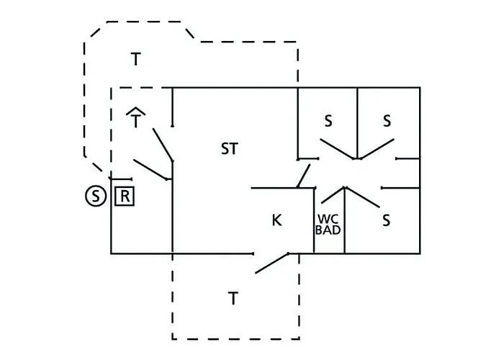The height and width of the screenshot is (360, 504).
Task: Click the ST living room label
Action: coord(230,148)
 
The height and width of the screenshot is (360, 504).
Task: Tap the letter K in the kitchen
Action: coord(276,220)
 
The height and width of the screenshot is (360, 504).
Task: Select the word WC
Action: coord(328,219)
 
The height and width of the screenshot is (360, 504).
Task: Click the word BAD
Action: coord(328,230)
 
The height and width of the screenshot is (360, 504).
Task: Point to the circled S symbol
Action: coord(96,195)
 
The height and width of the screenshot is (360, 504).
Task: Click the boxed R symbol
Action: coord(125,196)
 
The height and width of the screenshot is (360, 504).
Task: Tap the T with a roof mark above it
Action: coord(135,117)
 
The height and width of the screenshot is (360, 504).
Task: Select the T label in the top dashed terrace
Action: coord(136,59)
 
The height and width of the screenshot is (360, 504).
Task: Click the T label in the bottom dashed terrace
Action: coord(233,298)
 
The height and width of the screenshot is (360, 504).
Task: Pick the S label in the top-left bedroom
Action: coord(328,121)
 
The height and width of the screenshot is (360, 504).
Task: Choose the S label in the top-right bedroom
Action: coord(387,121)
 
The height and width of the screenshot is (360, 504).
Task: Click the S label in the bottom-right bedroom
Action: coord(387,220)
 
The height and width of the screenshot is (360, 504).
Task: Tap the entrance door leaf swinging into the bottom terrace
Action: coord(272,264)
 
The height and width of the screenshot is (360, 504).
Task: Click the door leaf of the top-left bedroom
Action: coord(337,149)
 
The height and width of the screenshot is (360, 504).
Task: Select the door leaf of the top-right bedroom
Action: coord(377,149)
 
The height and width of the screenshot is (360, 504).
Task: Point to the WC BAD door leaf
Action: coord(333,195)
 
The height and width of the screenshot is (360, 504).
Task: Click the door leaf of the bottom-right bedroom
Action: coord(362,197)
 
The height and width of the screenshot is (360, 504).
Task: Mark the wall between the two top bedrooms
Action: coord(357,123)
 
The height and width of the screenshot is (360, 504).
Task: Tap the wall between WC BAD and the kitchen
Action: coord(314,220)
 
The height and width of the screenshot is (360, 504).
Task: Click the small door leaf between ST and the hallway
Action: coord(304,176)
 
